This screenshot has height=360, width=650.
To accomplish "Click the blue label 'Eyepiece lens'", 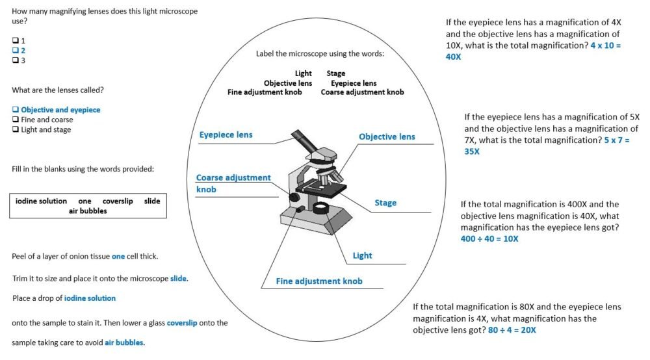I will point(226,135).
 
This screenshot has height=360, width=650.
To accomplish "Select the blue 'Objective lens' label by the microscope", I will point(387,136).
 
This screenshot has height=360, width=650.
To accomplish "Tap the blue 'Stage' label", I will point(385,203).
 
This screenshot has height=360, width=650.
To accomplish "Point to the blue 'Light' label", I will point(362,255).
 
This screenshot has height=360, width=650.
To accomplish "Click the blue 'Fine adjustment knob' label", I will point(319,281).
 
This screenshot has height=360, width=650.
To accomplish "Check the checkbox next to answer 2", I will point(15,50).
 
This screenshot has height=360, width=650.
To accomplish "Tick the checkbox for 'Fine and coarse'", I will point(15,120).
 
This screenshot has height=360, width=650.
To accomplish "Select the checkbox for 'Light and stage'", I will point(15,130).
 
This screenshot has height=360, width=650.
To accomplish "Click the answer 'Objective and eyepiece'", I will point(60,110).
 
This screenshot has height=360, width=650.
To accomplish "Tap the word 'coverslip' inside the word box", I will point(118,201).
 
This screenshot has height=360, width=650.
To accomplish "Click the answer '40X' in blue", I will point(453,57).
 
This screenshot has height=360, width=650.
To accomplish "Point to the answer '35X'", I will point(472,151).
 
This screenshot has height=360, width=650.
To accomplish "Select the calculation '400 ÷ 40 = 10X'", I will point(489,238).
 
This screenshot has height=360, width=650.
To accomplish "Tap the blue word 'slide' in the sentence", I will point(178,278).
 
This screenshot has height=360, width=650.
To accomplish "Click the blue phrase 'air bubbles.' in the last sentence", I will point(125,342).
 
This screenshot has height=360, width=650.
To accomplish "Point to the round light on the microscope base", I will point(321,208).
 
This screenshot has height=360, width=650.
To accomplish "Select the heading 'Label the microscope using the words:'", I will point(320,53).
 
